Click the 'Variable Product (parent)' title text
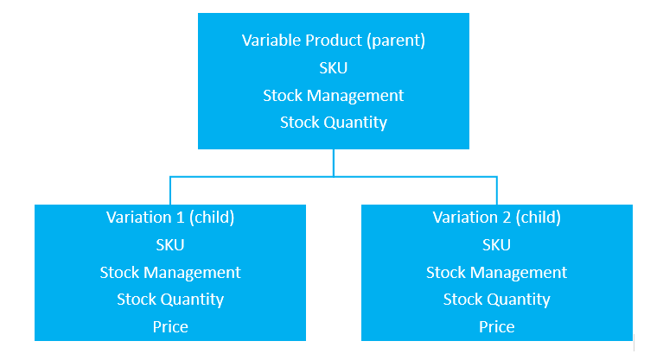[x=333, y=41]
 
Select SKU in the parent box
[x=333, y=67]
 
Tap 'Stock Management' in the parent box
[x=333, y=96]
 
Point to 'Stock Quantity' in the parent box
[x=333, y=123]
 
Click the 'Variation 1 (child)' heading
[x=170, y=218]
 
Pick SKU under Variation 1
[x=170, y=245]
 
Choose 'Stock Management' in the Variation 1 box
[x=170, y=273]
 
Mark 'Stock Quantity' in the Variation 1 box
[x=170, y=300]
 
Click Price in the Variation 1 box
[x=170, y=326]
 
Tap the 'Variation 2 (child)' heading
[x=496, y=218]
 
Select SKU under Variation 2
[x=496, y=245]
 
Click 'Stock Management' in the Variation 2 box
[x=496, y=273]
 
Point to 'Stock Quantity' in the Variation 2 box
[x=496, y=300]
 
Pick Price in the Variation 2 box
[x=496, y=326]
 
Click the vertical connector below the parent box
[x=333, y=162]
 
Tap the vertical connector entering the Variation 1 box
[x=170, y=191]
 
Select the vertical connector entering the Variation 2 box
[x=496, y=191]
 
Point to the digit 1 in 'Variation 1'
[x=180, y=218]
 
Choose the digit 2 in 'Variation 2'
[x=507, y=218]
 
